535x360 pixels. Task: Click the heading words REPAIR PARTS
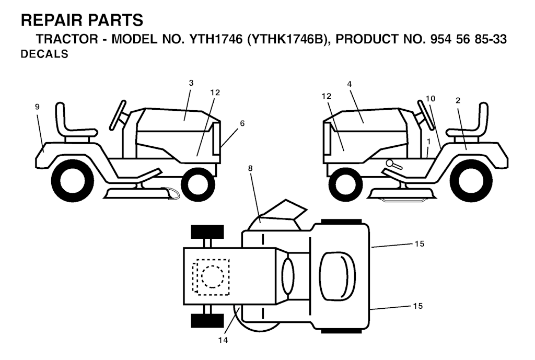pos(82,20)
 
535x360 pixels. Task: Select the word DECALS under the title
pos(44,54)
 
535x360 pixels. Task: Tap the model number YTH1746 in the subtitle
pos(216,39)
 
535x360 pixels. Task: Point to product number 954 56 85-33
pos(469,39)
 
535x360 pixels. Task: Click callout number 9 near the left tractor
pos(37,107)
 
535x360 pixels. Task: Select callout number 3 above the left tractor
pos(191,83)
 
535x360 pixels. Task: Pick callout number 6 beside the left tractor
pos(242,123)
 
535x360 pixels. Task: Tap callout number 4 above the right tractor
pos(350,84)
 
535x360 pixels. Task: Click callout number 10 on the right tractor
pos(431,99)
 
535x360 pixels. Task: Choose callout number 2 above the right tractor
pos(458,100)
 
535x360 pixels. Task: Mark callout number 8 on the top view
pos(250,168)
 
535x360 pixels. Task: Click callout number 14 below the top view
pos(223,340)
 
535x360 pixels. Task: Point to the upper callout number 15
pos(420,243)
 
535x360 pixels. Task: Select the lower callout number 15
pos(418,306)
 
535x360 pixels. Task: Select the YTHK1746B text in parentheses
pos(288,39)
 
